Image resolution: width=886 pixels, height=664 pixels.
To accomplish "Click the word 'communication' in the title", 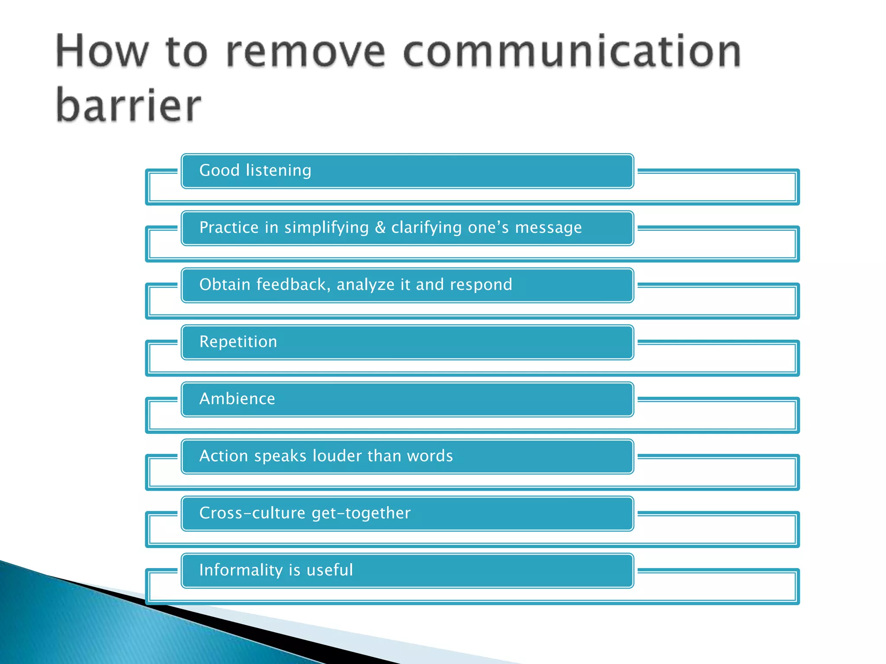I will pos(572,52).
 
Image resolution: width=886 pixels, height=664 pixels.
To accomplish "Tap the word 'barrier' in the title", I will pos(128,105).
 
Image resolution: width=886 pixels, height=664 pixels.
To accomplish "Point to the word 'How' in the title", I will pos(102,52).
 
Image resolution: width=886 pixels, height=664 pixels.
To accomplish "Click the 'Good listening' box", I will pos(407,171).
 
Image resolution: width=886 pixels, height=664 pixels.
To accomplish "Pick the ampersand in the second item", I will pos(380,227).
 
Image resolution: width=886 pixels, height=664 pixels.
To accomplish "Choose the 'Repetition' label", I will pos(238,342).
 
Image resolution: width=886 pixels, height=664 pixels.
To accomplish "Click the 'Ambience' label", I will pos(237,399).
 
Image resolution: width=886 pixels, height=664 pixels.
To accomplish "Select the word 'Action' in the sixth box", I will pos(223,456).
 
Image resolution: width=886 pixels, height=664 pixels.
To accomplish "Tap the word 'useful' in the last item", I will pos(330,570).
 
